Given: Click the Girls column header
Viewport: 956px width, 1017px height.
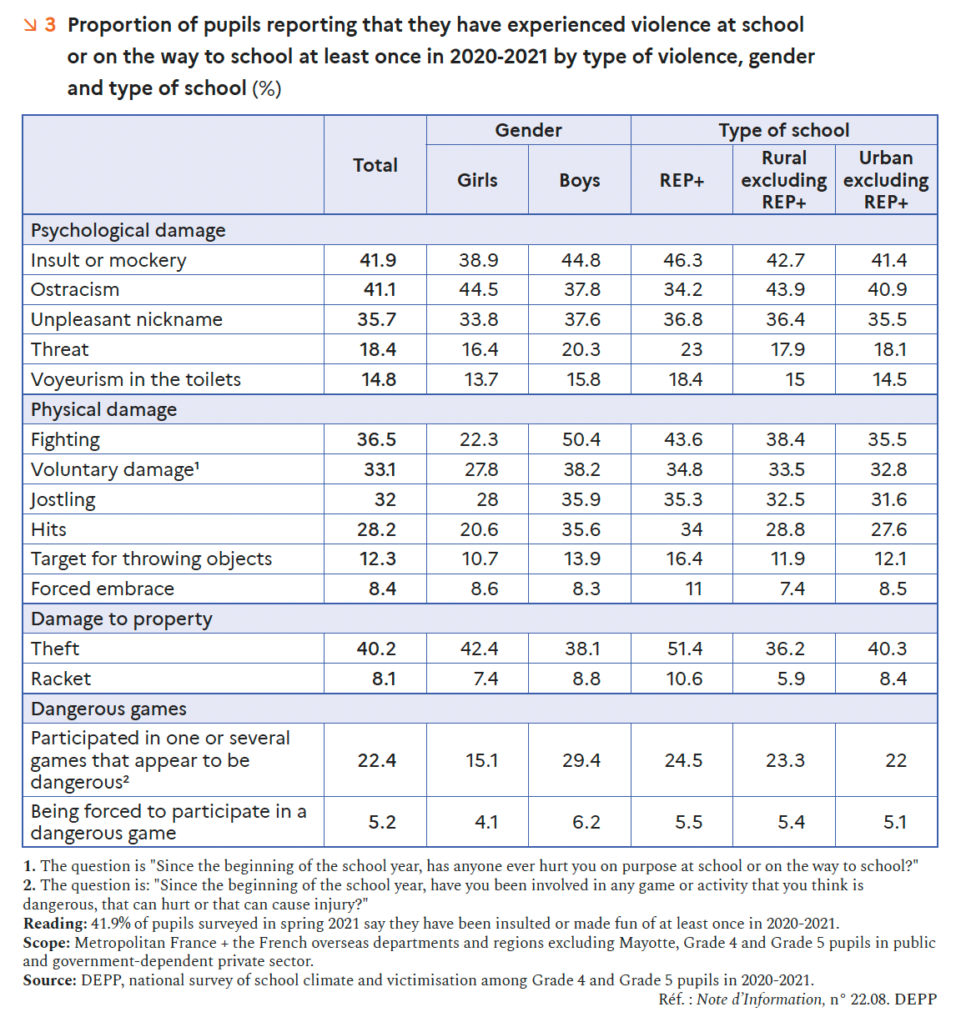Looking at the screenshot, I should point(477,180).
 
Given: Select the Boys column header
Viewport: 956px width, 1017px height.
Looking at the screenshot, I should point(580,180).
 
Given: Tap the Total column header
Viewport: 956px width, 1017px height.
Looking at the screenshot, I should point(375,165).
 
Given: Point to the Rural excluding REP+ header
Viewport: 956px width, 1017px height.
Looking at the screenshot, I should point(784,180).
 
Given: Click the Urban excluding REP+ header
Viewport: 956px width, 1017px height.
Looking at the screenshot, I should point(886,180).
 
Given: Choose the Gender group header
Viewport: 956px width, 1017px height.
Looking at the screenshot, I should point(528,130).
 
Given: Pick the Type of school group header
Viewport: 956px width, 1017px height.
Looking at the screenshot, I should point(784,130).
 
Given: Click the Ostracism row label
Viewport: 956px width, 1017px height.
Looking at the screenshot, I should point(75,289).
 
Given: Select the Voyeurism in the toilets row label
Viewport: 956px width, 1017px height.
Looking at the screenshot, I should point(136,379).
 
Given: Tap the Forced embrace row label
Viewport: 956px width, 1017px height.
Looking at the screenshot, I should point(103,589).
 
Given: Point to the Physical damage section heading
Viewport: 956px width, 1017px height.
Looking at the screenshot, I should point(104,409).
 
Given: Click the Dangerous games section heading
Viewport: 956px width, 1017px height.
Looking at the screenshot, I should point(108,709).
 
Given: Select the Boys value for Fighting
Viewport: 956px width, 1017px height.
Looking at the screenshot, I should point(581,439).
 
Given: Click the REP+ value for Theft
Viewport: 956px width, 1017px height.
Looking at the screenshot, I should point(684,649).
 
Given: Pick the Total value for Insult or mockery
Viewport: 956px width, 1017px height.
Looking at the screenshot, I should point(378,260).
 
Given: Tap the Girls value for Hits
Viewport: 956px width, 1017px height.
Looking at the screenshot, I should point(480,529).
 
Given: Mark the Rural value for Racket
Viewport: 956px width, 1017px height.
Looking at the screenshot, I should point(790,679).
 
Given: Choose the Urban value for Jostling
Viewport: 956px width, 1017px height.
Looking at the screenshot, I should point(888,499).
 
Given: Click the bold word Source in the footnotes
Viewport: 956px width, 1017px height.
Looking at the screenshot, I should point(49,980).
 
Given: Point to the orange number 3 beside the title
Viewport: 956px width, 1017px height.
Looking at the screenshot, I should point(50,25).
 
